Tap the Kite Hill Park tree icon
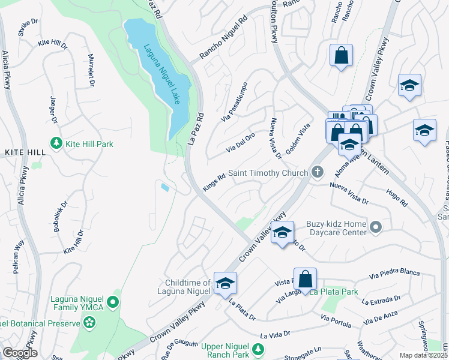[56, 144]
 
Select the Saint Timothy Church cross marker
[319, 173]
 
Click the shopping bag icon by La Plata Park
[305, 278]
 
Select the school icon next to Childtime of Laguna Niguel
[224, 283]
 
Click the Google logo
[20, 353]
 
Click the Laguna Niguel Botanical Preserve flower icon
[90, 323]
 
